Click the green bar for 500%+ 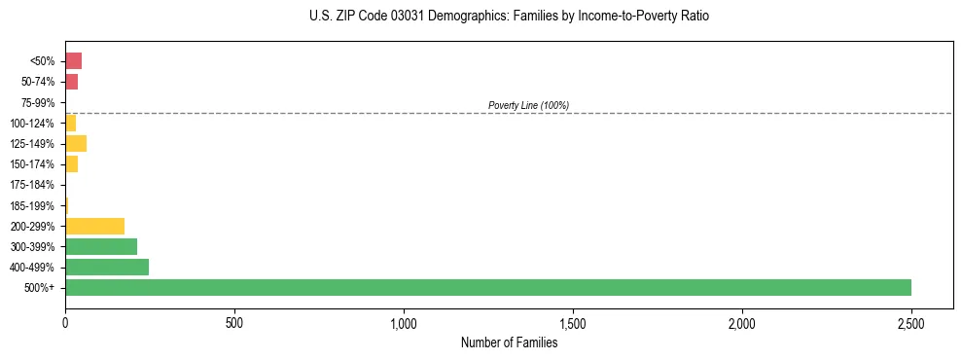(x=487, y=287)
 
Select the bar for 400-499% (x=107, y=267)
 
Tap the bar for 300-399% (x=101, y=246)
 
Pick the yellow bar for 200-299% (x=94, y=226)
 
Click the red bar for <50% (x=73, y=61)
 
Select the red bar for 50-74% (x=71, y=82)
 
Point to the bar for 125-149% (x=76, y=143)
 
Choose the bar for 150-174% (x=71, y=164)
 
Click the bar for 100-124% (x=70, y=123)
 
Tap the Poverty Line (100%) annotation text (x=528, y=105)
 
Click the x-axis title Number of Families (x=509, y=342)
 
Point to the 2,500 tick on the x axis (x=910, y=322)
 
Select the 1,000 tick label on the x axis (x=403, y=322)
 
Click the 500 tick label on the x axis (x=233, y=322)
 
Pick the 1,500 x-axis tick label (x=572, y=322)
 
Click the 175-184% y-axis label (x=32, y=185)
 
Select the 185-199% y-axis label (x=32, y=205)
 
